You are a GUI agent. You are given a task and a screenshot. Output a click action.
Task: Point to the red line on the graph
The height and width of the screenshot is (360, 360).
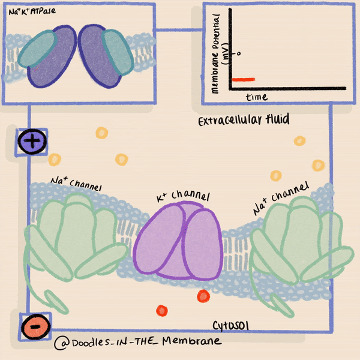point(244,79)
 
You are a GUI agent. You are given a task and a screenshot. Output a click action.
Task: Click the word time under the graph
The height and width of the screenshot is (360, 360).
point(257,97)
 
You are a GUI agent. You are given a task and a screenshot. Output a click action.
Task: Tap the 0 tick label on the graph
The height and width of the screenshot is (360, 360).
point(239,53)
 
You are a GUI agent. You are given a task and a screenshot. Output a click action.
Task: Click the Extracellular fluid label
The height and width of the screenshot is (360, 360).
point(244,120)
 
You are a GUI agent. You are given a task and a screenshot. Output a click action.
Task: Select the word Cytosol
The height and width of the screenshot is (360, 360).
point(231,325)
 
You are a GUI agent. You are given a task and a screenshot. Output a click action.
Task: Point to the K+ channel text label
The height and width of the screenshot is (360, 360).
point(183,196)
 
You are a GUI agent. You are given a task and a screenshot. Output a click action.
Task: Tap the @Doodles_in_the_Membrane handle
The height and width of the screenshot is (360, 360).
point(137,341)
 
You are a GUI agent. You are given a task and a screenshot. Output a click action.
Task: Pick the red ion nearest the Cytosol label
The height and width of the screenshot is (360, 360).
point(203,296)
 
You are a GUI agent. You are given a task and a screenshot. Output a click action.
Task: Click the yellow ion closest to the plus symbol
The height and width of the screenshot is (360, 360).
point(55,159)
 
